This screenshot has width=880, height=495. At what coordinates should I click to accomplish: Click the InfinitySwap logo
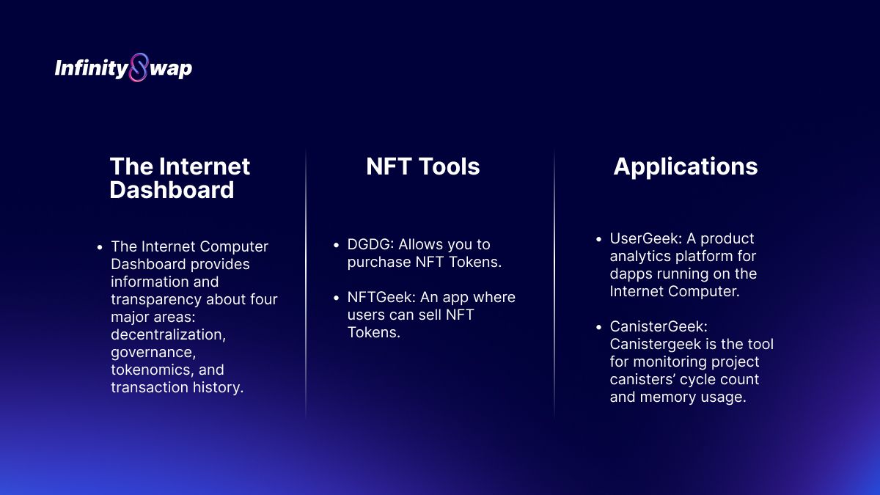pyautogui.click(x=123, y=67)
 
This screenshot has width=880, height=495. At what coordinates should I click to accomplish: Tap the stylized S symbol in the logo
pyautogui.click(x=139, y=67)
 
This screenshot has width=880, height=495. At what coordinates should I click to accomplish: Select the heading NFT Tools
pyautogui.click(x=422, y=166)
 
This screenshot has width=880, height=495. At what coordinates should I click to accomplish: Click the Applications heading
pyautogui.click(x=686, y=167)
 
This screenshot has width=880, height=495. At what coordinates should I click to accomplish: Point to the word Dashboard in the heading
pyautogui.click(x=172, y=190)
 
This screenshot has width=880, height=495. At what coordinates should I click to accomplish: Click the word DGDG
pyautogui.click(x=370, y=244)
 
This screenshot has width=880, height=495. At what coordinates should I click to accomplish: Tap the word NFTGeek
pyautogui.click(x=381, y=297)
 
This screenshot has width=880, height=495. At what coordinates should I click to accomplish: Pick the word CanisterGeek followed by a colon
pyautogui.click(x=659, y=326)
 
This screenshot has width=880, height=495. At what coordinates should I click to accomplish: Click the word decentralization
pyautogui.click(x=168, y=334)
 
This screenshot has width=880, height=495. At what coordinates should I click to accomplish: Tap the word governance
pyautogui.click(x=153, y=353)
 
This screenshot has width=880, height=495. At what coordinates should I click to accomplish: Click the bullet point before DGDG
pyautogui.click(x=336, y=245)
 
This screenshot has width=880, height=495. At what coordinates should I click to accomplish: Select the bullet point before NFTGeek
pyautogui.click(x=336, y=298)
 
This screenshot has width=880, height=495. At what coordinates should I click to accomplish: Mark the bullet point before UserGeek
pyautogui.click(x=598, y=239)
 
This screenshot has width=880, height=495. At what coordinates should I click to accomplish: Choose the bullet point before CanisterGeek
pyautogui.click(x=598, y=327)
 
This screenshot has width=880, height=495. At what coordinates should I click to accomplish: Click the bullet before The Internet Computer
pyautogui.click(x=100, y=248)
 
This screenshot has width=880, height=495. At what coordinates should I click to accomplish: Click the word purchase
pyautogui.click(x=379, y=263)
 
